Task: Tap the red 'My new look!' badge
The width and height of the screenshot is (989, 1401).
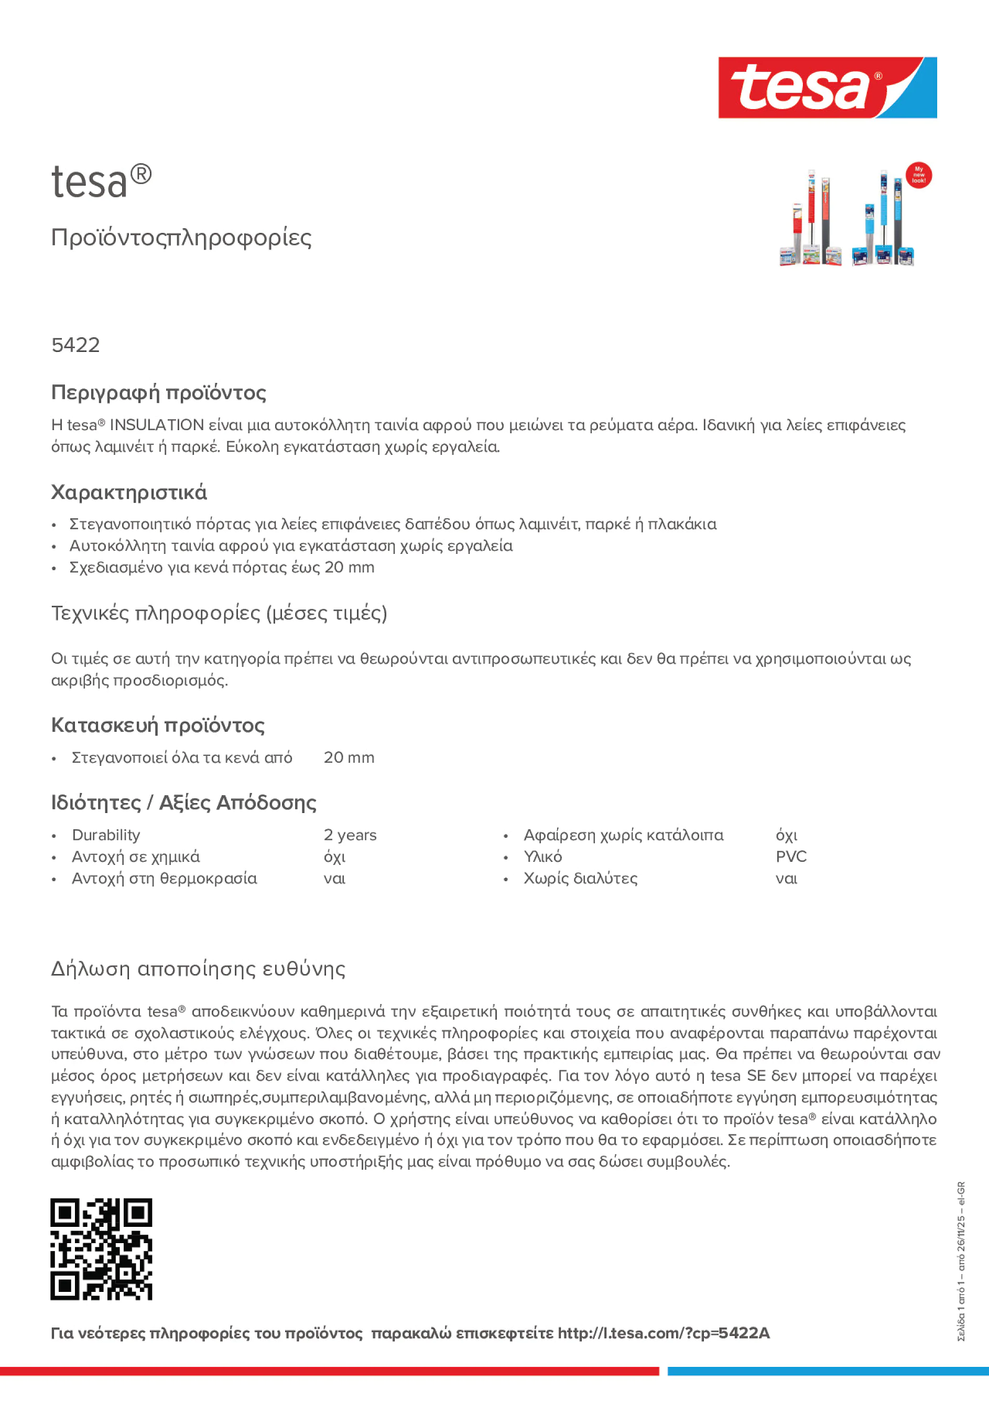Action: [918, 175]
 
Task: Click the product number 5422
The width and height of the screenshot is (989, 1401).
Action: [75, 345]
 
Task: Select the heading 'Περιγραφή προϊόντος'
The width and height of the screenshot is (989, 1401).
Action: [158, 392]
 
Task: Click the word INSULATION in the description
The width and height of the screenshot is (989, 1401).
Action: [157, 425]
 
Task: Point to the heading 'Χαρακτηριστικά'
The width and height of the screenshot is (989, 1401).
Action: [128, 492]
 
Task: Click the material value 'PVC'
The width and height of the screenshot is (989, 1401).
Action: [791, 857]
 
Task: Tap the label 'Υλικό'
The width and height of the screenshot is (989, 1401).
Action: [542, 857]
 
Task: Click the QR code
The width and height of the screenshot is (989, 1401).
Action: [101, 1248]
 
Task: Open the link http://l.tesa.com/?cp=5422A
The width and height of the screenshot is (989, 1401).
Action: [664, 1333]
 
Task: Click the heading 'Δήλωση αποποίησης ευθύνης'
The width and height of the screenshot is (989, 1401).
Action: [198, 968]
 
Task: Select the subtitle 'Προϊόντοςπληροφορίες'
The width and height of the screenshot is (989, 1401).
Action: [181, 238]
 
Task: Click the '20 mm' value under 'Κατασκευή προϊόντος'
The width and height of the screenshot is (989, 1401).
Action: [349, 757]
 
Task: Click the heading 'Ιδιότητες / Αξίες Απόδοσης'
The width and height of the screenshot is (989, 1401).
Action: [183, 803]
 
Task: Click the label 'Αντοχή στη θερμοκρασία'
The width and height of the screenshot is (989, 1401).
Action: [164, 878]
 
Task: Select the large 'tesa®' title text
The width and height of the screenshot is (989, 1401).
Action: [101, 181]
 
